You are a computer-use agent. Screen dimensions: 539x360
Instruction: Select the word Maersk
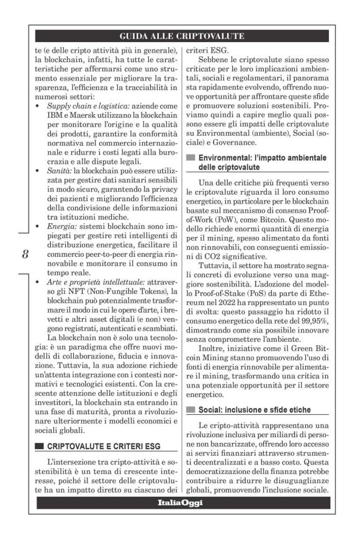[x=85, y=117]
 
